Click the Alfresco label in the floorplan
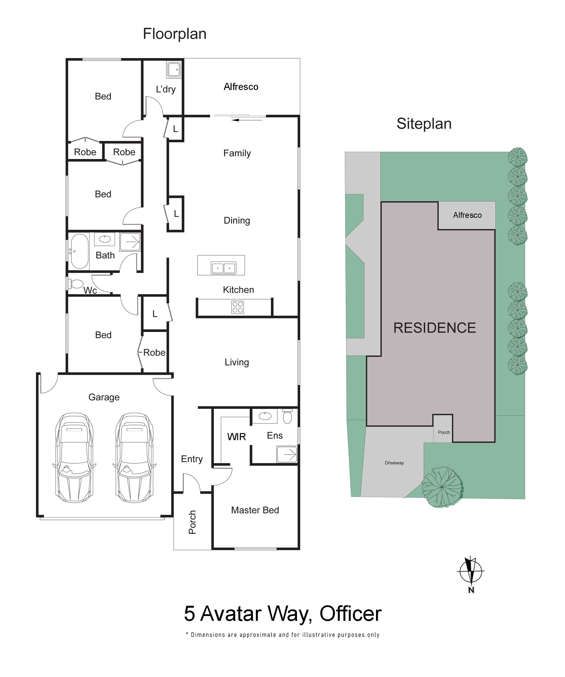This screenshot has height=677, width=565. (241, 87)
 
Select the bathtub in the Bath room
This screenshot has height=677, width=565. (79, 251)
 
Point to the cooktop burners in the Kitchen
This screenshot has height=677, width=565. (238, 307)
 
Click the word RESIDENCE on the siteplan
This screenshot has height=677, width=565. (434, 328)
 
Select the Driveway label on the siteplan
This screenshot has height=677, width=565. (394, 463)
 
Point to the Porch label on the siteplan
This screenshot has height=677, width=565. (444, 432)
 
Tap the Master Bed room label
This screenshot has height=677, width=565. (255, 510)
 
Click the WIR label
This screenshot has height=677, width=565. (236, 437)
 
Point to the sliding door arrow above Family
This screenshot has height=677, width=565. (246, 120)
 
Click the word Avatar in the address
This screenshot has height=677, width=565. (230, 614)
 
